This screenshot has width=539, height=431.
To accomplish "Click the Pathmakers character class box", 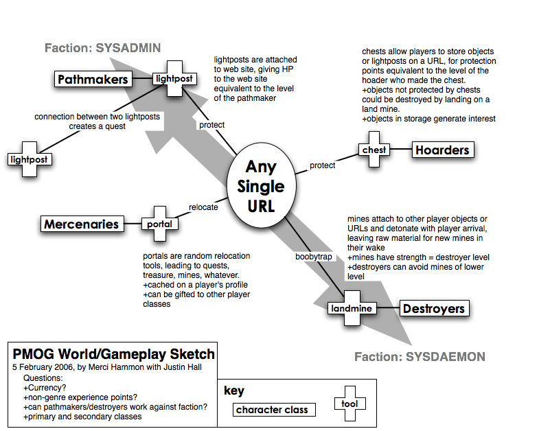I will (93, 80).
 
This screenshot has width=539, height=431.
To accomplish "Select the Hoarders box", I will (442, 150).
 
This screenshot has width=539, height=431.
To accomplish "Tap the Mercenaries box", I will (81, 224).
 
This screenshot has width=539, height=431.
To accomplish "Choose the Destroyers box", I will (433, 309).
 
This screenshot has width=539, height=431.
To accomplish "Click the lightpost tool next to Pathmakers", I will (174, 79).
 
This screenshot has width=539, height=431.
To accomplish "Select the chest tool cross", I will (374, 150).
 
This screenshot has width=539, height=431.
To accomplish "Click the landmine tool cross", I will (350, 308).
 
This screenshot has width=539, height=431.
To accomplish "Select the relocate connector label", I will (203, 207).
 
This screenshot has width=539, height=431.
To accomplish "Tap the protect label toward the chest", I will (322, 165).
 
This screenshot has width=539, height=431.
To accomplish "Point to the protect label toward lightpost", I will (211, 125).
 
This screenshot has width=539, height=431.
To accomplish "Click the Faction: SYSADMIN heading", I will (102, 48).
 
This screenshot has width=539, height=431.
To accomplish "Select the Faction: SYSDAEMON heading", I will (419, 357).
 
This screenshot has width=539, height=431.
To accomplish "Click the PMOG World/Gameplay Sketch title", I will (113, 355).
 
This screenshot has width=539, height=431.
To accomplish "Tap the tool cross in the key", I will (349, 404).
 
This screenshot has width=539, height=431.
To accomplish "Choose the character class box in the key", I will (272, 410).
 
